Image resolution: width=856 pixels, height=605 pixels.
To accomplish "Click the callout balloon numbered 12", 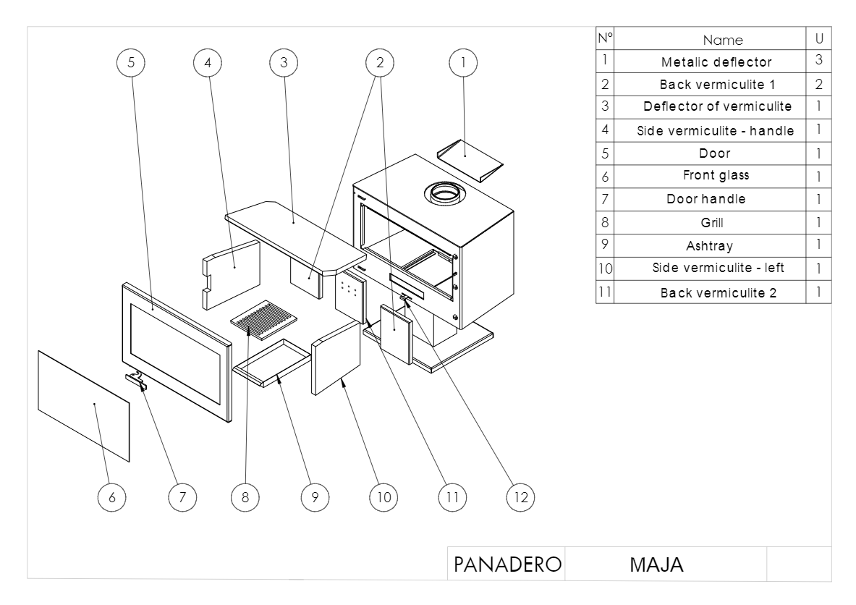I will [x=520, y=496].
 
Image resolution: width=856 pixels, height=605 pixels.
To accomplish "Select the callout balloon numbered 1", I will [x=461, y=63].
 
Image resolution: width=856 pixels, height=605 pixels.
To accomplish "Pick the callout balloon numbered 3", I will [x=284, y=63].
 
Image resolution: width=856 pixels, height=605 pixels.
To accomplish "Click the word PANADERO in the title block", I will [x=507, y=564].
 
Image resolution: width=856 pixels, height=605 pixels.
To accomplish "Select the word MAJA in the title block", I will [x=657, y=564].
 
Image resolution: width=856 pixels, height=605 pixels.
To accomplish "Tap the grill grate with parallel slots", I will [x=265, y=320].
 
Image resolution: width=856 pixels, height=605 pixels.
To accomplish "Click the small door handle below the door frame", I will [x=135, y=378].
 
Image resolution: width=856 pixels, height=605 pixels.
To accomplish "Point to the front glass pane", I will [x=83, y=405].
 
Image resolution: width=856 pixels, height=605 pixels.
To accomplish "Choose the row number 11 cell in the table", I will [x=605, y=292].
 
